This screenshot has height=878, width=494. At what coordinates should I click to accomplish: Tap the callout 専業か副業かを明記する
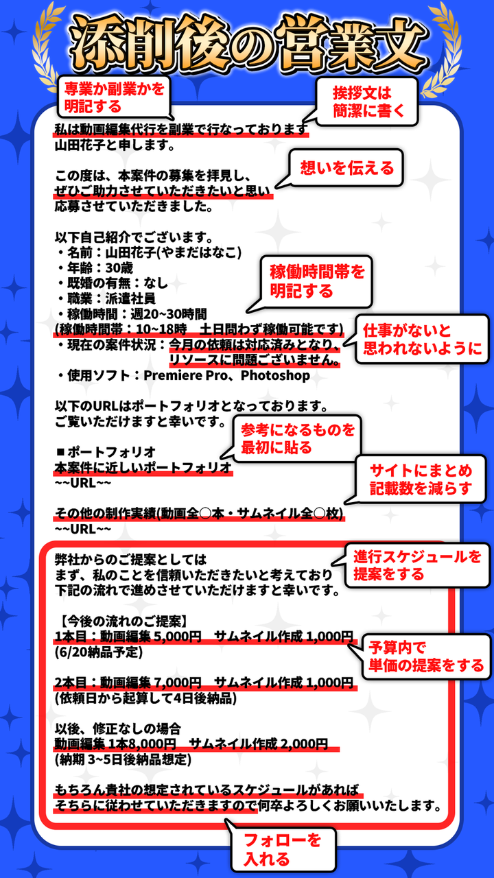(114, 97)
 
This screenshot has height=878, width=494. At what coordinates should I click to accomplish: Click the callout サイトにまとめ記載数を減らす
(421, 480)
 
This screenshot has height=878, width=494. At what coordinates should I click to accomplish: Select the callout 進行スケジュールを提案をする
(417, 565)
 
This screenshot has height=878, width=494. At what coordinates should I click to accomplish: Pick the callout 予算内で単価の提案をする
(426, 656)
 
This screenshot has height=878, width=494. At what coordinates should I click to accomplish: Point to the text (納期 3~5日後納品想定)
(123, 759)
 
